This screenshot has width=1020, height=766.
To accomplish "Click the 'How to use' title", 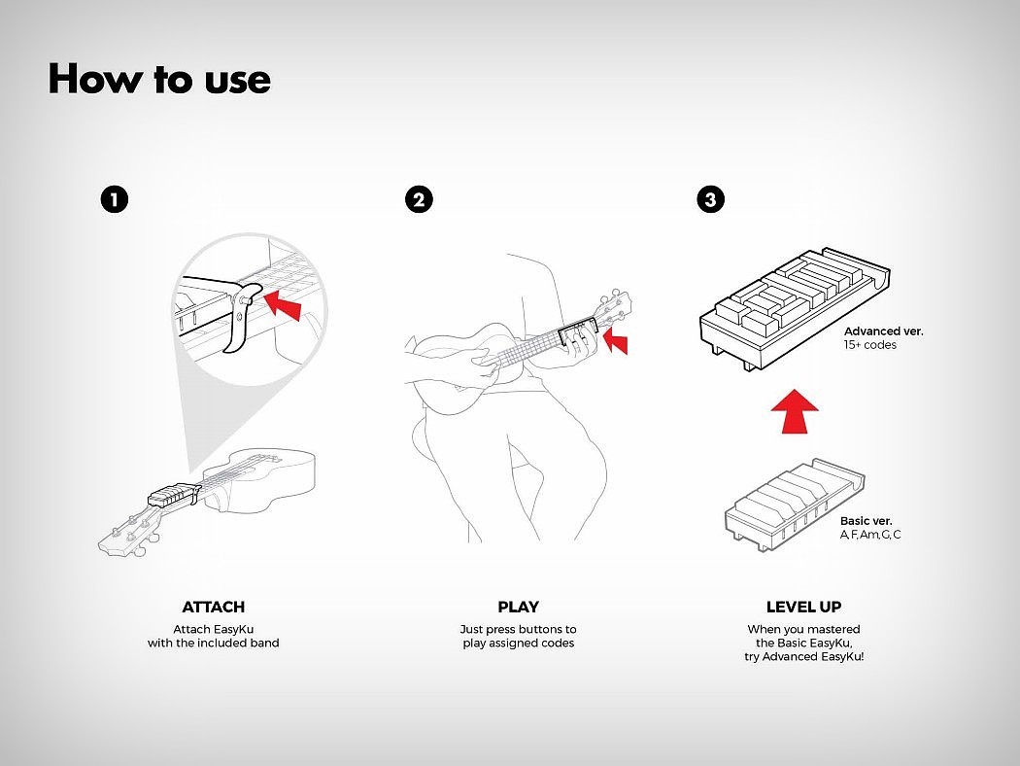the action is (x=159, y=80).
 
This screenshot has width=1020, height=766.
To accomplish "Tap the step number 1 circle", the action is (x=115, y=199).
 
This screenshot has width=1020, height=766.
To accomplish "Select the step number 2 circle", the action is (x=419, y=199).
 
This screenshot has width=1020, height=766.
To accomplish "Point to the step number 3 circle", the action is (x=710, y=199).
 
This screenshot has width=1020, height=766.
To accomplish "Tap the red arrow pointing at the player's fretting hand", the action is (x=616, y=341).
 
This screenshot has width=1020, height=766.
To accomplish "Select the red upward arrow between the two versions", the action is (x=795, y=410).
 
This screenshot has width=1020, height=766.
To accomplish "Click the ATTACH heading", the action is (x=214, y=607).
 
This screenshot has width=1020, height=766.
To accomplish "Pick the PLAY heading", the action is (x=519, y=607).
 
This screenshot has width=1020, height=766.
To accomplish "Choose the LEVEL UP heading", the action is (x=804, y=607).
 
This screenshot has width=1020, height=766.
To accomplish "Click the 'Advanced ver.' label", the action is (x=883, y=331).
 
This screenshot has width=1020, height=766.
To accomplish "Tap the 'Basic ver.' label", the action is (x=866, y=521).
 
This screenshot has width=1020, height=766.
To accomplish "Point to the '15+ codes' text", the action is (x=869, y=345).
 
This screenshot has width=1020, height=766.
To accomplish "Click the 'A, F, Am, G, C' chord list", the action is (x=870, y=535).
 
